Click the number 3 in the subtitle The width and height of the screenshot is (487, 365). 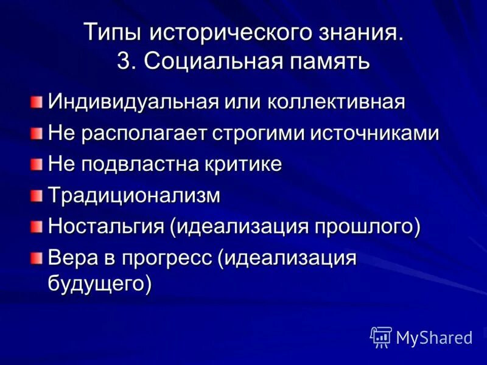click(124, 62)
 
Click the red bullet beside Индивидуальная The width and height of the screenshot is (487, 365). click(38, 100)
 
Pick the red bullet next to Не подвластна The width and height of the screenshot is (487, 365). click(38, 164)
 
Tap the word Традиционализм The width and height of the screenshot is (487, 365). click(134, 196)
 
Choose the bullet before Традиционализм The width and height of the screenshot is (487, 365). click(38, 195)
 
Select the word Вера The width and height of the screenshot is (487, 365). click(72, 258)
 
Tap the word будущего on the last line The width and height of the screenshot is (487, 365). click(97, 283)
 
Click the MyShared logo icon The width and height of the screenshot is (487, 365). click(381, 336)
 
